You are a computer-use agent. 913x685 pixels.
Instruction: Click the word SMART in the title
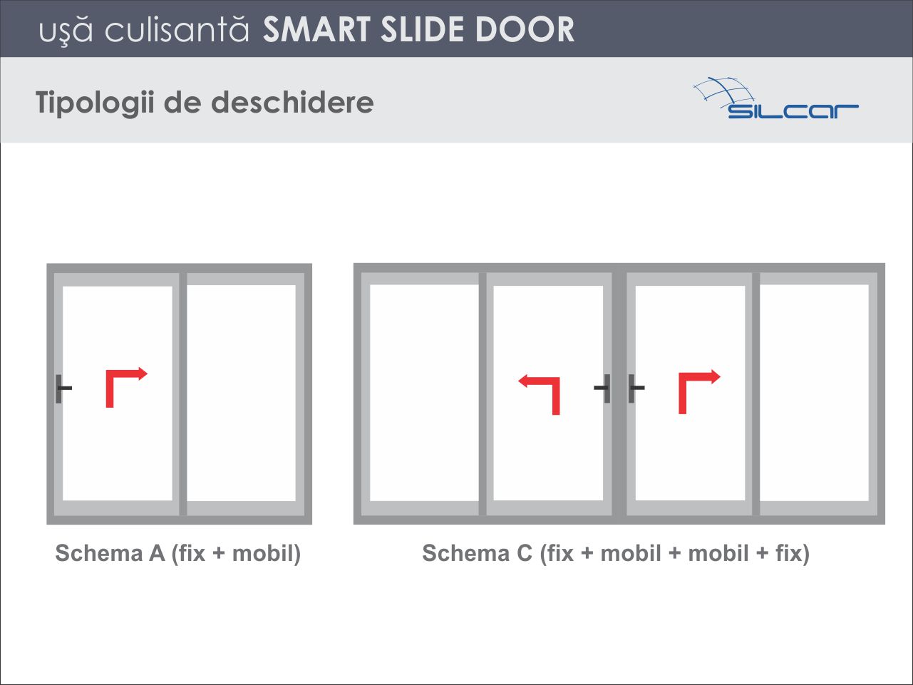316,29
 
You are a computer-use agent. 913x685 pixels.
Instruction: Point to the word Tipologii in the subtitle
95,103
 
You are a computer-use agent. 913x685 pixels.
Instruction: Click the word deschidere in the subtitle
292,102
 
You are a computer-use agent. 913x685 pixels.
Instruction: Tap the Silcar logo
775,98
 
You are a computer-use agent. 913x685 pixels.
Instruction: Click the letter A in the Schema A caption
157,553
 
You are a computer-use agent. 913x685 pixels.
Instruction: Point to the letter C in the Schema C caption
525,553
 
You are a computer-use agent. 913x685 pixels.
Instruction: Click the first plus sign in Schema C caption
587,554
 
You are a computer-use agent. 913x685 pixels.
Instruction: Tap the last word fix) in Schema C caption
793,554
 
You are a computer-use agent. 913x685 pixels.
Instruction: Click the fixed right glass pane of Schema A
241,393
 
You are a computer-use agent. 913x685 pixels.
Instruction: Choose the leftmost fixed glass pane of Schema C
424,393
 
